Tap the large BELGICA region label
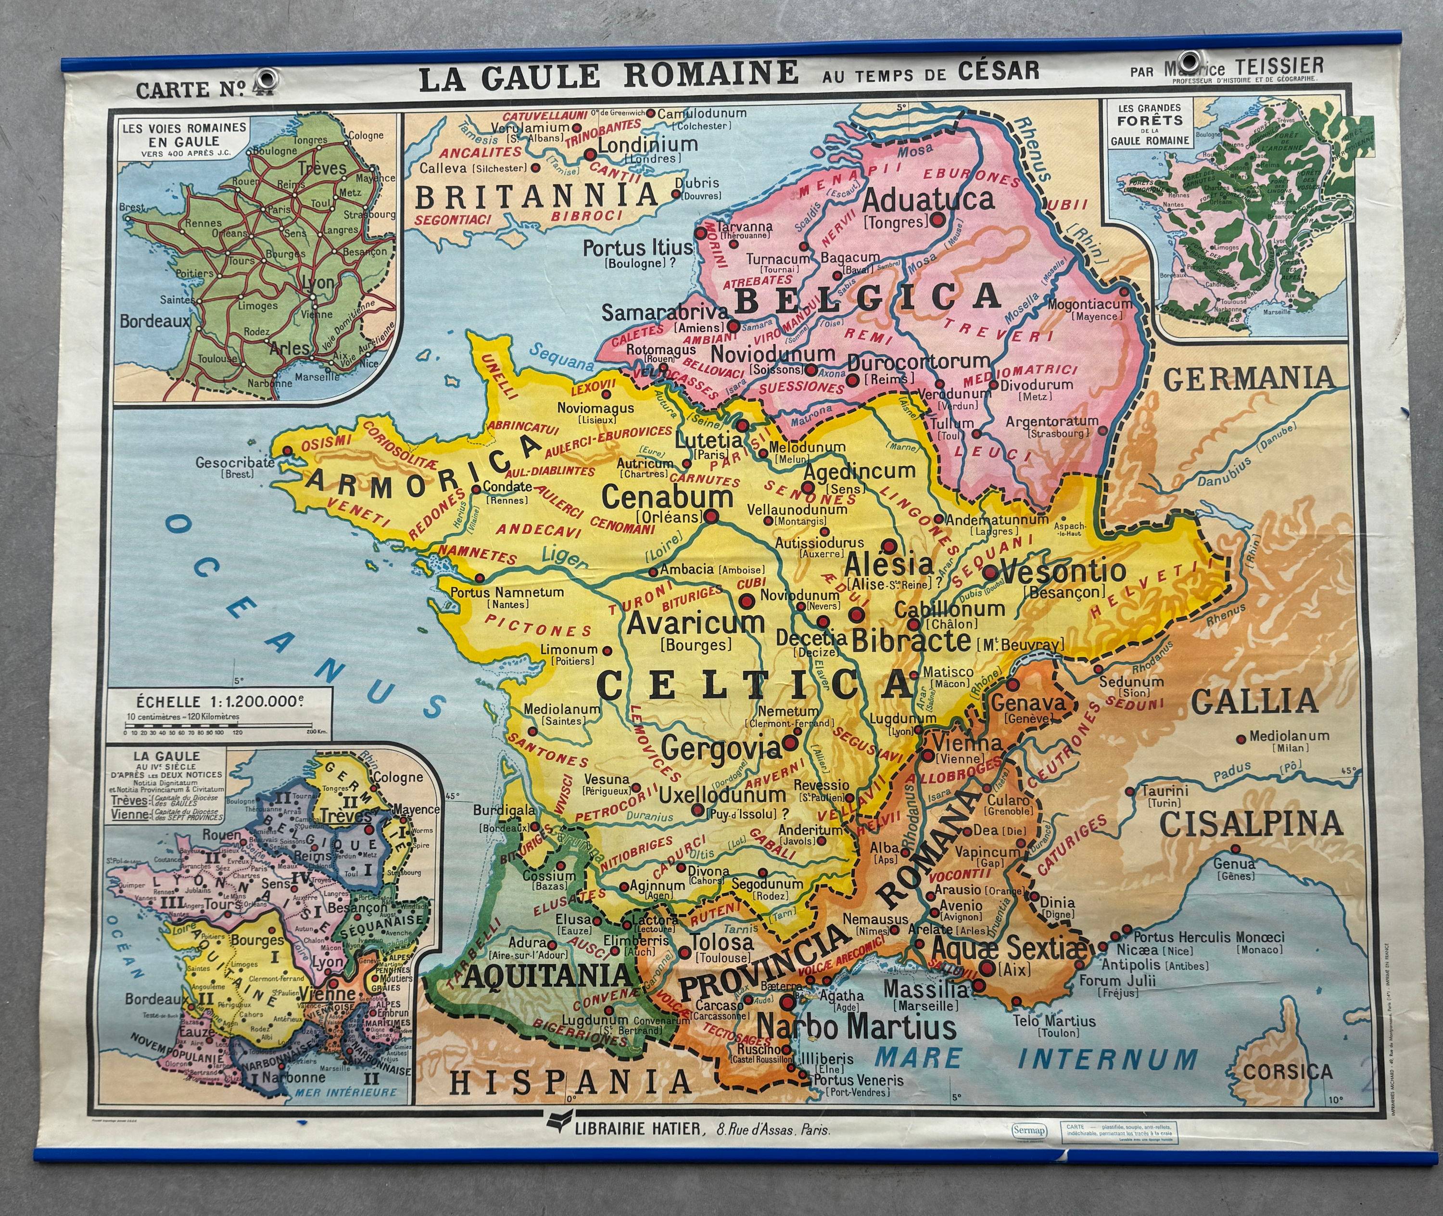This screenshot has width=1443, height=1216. (x=867, y=297)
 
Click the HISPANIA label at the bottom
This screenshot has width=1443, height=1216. (x=570, y=1082)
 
